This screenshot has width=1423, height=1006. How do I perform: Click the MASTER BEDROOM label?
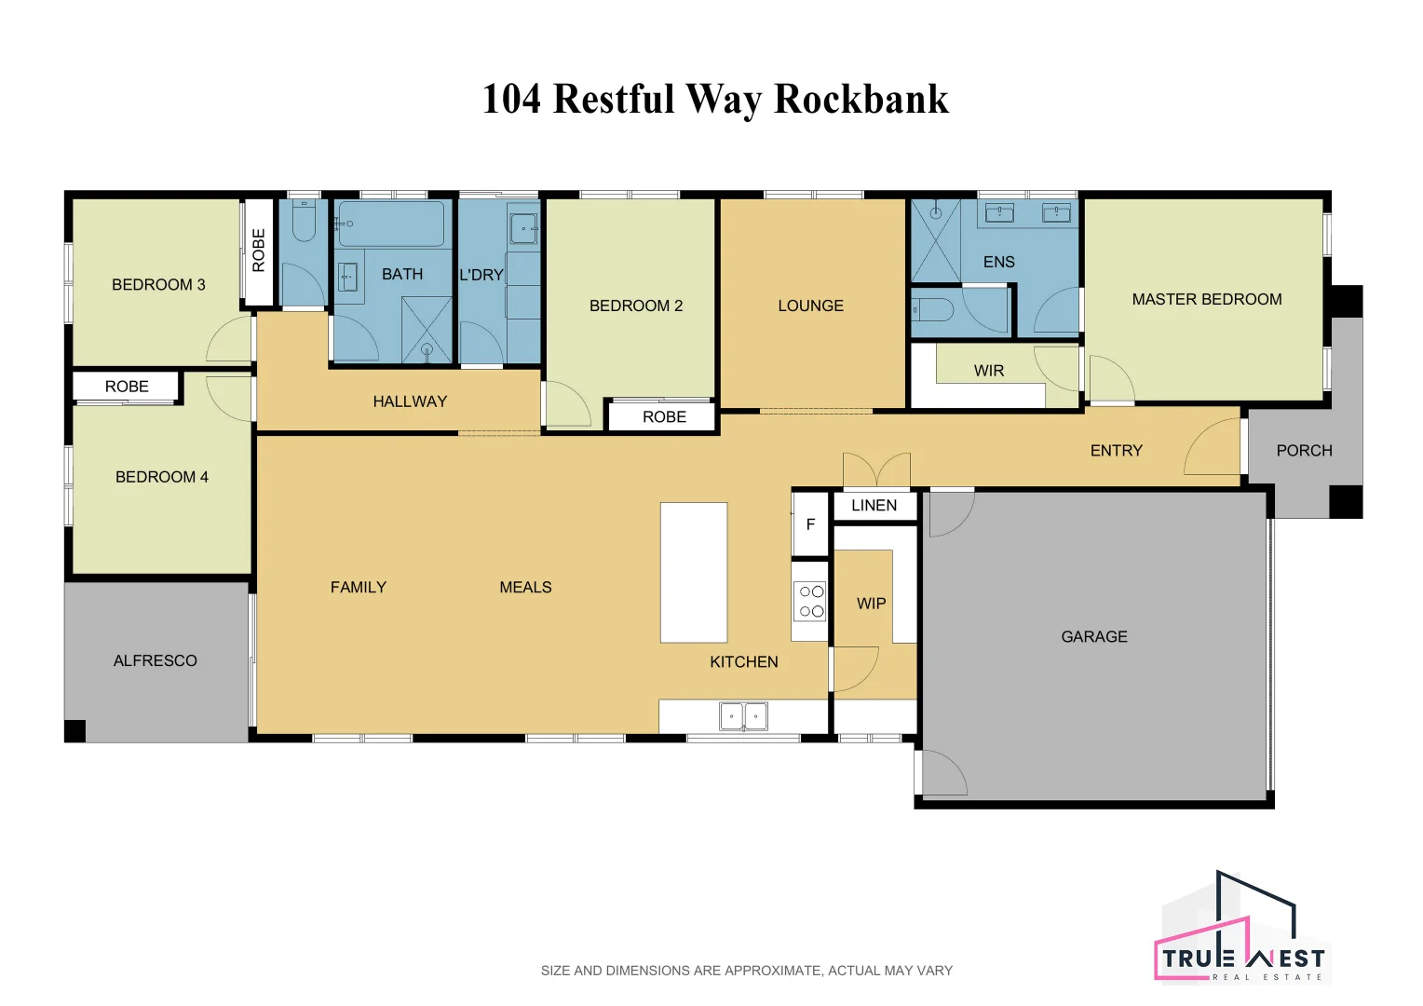click(1206, 299)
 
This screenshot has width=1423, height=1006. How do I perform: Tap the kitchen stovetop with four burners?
click(810, 601)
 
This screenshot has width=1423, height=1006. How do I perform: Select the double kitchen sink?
click(743, 716)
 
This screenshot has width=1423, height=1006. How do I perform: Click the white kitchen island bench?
click(693, 572)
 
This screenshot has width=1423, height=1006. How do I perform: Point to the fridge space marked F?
click(810, 524)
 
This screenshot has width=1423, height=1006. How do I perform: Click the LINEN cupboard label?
click(874, 505)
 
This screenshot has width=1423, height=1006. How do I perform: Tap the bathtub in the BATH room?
click(391, 224)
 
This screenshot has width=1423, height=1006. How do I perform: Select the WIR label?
click(988, 371)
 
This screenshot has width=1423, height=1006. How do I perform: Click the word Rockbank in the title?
click(861, 99)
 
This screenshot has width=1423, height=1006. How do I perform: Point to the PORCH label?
click(1304, 450)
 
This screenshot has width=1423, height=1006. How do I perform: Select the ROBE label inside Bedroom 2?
click(664, 416)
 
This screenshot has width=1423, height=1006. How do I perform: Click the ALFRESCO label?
click(155, 660)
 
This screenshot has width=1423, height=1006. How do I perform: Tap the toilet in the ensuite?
click(932, 309)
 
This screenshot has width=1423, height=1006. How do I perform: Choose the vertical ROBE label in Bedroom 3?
click(259, 250)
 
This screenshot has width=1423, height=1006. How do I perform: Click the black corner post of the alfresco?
click(75, 730)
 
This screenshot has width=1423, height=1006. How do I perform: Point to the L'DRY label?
click(481, 275)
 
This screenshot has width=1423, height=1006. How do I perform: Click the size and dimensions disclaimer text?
click(746, 971)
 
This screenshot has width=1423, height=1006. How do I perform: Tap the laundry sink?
click(523, 228)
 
